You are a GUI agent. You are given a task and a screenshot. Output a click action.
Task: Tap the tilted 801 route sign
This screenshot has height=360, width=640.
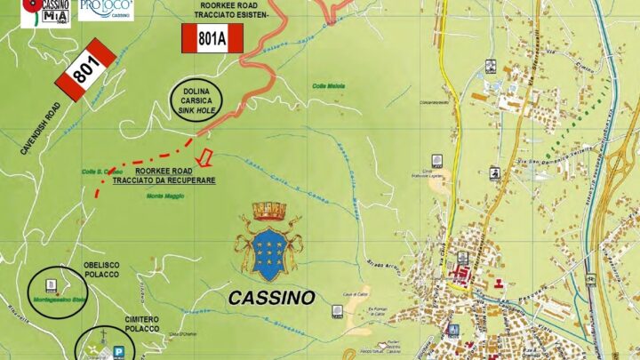86,68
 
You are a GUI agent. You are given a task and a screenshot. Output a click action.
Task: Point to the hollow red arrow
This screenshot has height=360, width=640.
204,158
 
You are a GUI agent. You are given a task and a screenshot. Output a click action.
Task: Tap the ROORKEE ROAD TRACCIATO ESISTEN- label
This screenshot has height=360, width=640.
228,11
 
